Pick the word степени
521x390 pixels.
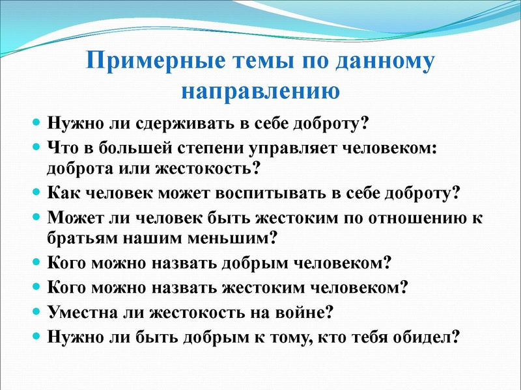tap(210, 147)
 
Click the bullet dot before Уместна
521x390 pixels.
tap(37, 311)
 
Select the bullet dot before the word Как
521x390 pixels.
tap(37, 193)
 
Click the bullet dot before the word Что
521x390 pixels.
tap(37, 147)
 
